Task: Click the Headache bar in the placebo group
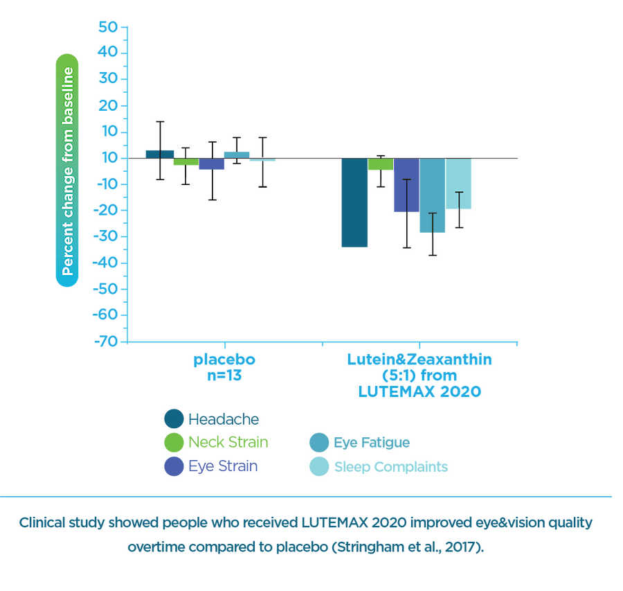[159, 152]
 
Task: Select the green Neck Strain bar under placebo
[185, 163]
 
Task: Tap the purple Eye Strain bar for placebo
[212, 164]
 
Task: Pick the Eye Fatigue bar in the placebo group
[237, 153]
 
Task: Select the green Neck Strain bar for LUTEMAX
[381, 164]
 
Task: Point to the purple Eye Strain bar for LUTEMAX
[406, 186]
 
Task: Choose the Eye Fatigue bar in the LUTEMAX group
[432, 196]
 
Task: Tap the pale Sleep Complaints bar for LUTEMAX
[458, 184]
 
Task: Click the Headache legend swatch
[173, 418]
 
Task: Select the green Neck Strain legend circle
[173, 442]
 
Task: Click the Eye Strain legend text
[224, 466]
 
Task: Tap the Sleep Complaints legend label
[390, 466]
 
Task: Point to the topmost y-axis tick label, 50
[111, 26]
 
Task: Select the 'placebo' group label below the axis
[224, 360]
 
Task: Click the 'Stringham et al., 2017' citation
[408, 547]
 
